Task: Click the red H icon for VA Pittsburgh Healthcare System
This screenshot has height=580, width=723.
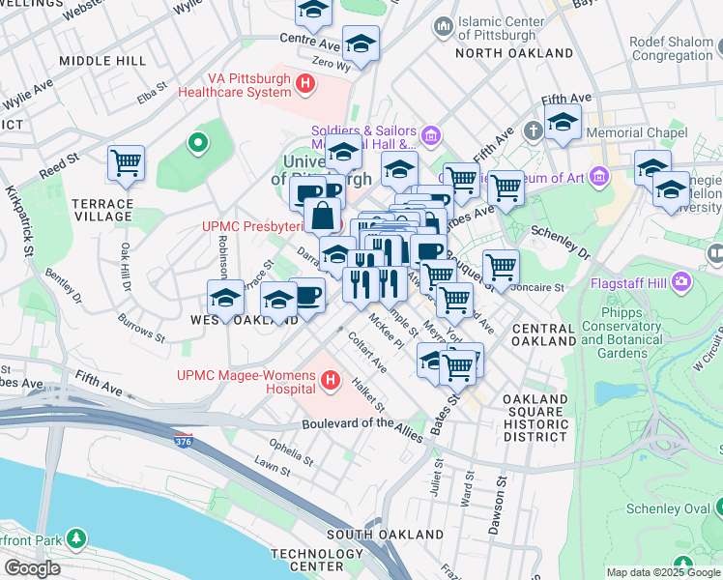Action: click(x=306, y=84)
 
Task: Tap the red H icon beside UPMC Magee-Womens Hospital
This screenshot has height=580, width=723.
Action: click(x=332, y=381)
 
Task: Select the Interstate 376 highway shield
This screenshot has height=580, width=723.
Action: click(x=183, y=442)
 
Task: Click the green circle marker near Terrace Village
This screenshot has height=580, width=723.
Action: click(x=198, y=144)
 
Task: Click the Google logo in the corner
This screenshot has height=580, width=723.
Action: click(x=32, y=567)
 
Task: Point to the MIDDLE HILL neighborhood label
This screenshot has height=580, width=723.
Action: click(x=102, y=60)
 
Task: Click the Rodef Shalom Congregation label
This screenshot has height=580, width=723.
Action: click(x=671, y=48)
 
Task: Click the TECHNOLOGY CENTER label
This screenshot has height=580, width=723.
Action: click(x=305, y=559)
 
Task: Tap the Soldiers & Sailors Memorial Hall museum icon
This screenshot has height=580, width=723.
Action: click(x=431, y=132)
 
